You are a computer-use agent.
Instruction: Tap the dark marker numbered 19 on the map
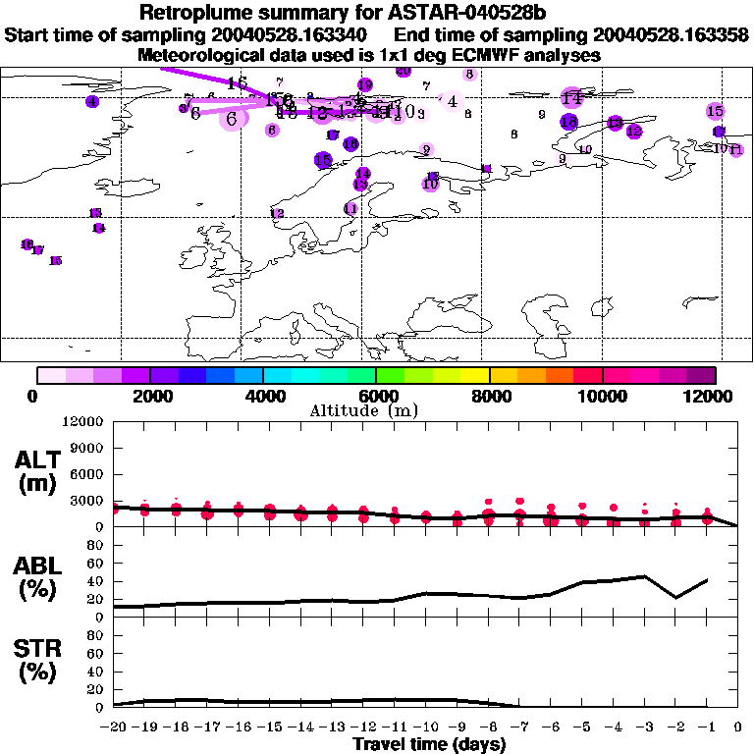pos(365,85)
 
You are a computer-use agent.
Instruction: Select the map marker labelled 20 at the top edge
pos(404,71)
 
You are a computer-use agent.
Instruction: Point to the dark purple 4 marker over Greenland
pos(92,101)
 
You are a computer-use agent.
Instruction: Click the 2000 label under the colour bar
pos(149,396)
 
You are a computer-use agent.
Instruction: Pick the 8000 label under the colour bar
pos(489,396)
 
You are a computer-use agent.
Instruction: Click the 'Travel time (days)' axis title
pos(429,745)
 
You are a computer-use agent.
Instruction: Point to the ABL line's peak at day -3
pos(644,576)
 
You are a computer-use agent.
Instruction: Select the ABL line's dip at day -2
pos(675,597)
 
